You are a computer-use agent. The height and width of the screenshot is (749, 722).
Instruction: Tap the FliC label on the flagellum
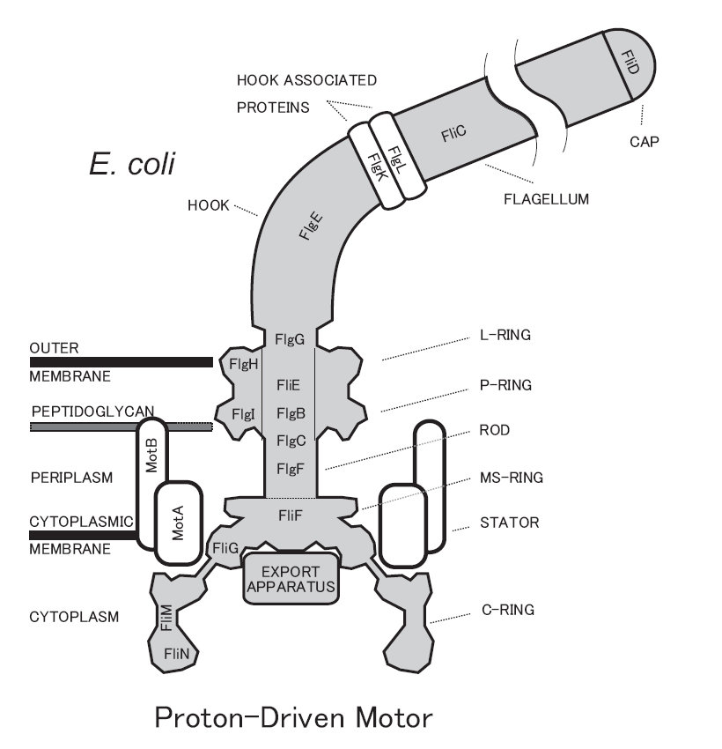[455, 134]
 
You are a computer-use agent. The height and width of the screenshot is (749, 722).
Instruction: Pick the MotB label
[151, 455]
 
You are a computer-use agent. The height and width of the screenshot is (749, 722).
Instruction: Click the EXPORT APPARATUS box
[291, 578]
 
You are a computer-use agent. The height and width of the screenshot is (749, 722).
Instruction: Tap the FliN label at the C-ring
[175, 653]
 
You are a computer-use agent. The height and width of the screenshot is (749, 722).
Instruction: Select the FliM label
[166, 619]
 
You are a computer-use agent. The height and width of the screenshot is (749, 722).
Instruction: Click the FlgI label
[243, 413]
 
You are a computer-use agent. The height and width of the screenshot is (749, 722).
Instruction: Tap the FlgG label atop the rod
[290, 337]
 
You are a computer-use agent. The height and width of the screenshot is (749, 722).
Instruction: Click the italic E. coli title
[133, 164]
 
